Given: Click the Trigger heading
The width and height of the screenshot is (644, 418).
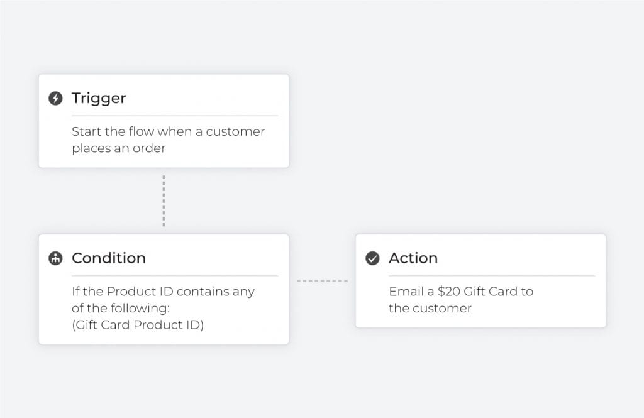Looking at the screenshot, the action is tap(99, 99).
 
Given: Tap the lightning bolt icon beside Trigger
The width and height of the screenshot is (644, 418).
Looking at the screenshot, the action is tap(55, 98).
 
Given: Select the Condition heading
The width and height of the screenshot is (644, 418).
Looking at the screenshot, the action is tap(109, 258).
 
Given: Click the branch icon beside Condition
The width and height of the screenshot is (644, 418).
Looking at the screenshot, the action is tap(55, 258).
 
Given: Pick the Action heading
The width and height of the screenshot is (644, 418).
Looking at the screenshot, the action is tap(413, 258).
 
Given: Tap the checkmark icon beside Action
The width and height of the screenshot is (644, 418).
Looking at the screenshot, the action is tap(372, 258).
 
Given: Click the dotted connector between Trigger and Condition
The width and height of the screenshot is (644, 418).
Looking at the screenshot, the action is tap(164, 201).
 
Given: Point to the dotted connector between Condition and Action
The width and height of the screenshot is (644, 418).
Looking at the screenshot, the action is tap(323, 281).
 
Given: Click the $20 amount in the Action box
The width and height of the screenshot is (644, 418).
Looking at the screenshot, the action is tap(449, 291).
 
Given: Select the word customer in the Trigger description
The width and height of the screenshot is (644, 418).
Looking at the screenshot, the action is tap(235, 131).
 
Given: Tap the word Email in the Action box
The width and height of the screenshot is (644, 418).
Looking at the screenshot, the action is tap(406, 291).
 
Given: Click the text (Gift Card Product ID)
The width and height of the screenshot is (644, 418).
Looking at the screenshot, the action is tap(138, 325).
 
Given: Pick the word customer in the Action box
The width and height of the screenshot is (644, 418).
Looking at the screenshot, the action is tap(442, 309).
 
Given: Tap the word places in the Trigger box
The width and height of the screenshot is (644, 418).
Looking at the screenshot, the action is tap(91, 148).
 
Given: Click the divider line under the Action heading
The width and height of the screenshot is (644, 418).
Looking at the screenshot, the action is tap(492, 276).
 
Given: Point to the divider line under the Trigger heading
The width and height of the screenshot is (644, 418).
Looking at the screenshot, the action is tap(175, 116).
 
